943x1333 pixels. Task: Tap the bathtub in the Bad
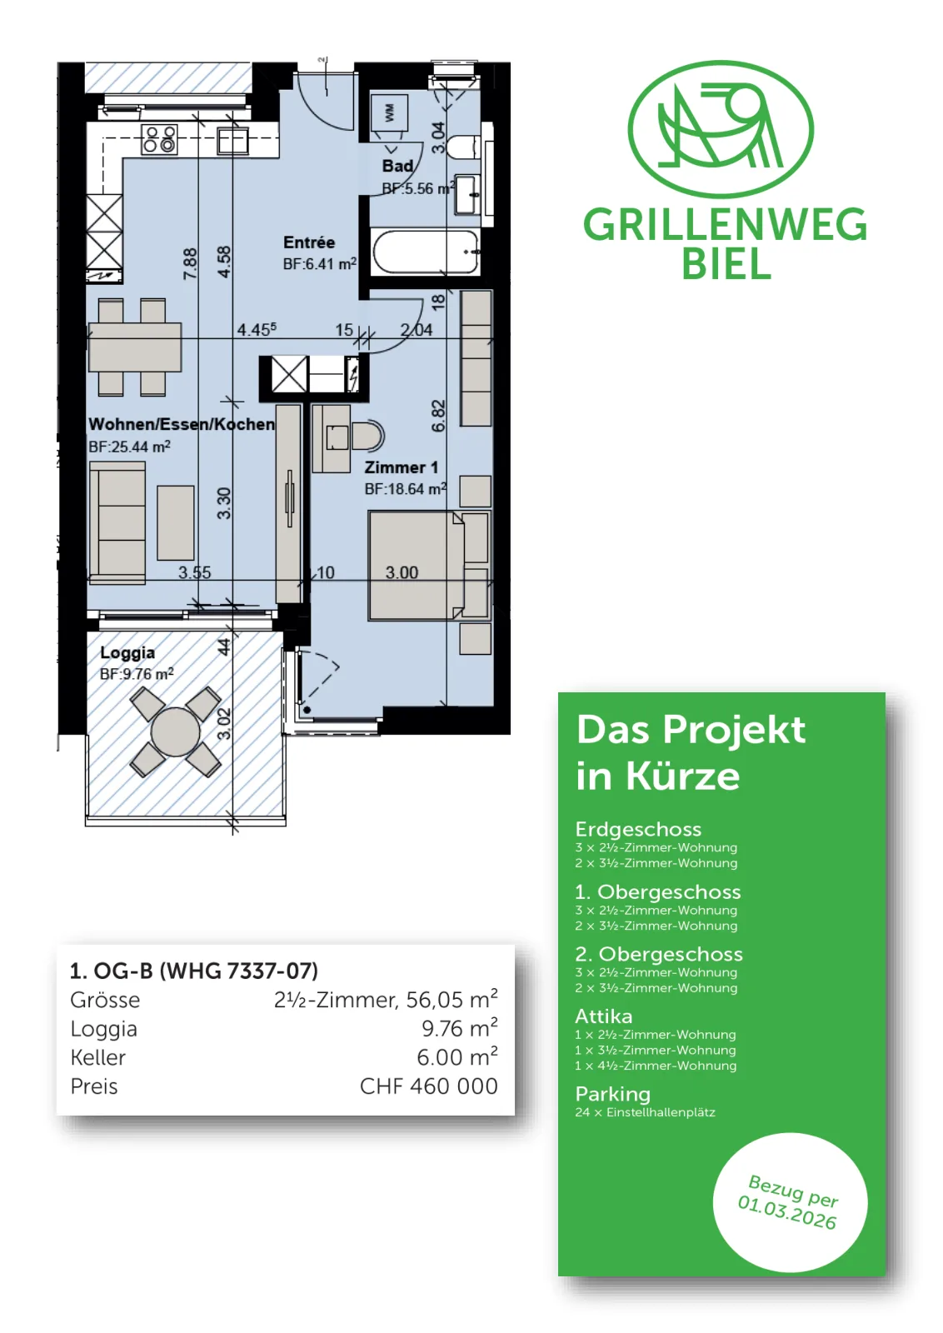(425, 252)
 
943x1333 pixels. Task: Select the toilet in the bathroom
(463, 147)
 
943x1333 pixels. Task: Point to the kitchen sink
(232, 141)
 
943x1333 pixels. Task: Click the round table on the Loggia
(175, 731)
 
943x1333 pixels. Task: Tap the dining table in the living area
(134, 347)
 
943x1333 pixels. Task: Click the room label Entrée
(309, 242)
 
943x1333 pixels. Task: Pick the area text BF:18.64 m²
(405, 488)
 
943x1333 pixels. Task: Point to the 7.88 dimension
(190, 263)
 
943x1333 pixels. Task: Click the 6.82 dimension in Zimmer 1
(438, 416)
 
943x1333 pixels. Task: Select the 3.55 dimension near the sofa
(195, 572)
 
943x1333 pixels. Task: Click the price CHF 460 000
(428, 1086)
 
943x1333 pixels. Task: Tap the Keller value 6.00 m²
(457, 1057)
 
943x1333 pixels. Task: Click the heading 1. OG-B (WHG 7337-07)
(194, 971)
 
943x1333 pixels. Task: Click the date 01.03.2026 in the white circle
(786, 1212)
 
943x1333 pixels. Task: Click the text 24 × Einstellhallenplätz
(645, 1112)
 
